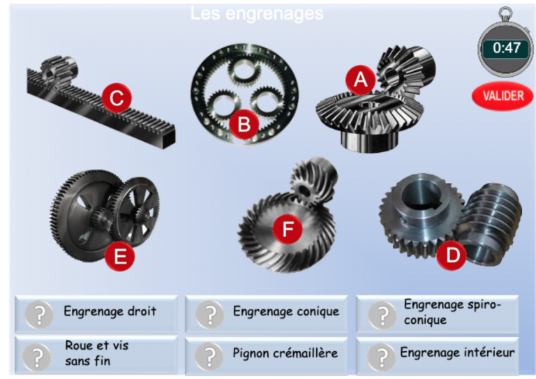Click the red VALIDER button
coord(502,96)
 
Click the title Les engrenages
coord(257,13)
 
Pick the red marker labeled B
coord(244,124)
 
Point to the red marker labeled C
coord(117,98)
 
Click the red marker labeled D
coord(453,255)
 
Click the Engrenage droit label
coord(110,311)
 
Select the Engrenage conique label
coord(285,311)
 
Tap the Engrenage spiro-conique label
coord(452,312)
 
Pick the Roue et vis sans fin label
coord(97,352)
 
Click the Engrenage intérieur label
coord(456,352)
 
